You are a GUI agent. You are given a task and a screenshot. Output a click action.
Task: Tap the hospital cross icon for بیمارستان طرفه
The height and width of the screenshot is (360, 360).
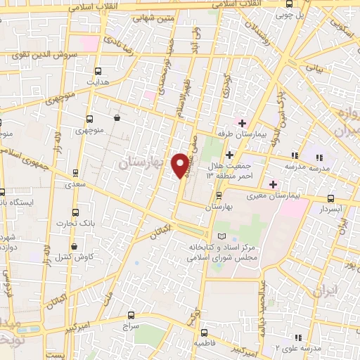tap(242, 123)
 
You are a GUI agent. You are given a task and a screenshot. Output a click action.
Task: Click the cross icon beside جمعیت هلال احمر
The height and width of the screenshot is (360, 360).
tap(229, 154)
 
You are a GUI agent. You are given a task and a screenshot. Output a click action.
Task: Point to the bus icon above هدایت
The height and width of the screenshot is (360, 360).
tap(98, 70)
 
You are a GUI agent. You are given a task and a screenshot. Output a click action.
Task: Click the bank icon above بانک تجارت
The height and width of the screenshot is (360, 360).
tap(75, 212)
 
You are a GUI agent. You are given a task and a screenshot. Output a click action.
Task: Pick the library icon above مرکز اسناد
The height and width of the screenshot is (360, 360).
tap(224, 236)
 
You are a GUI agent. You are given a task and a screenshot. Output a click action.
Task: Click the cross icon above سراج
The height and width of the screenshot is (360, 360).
tap(131, 317)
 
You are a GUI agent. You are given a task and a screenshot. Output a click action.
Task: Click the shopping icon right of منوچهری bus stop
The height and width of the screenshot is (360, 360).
tap(116, 118)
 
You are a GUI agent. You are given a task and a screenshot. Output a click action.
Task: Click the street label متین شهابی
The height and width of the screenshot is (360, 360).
tap(155, 18)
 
